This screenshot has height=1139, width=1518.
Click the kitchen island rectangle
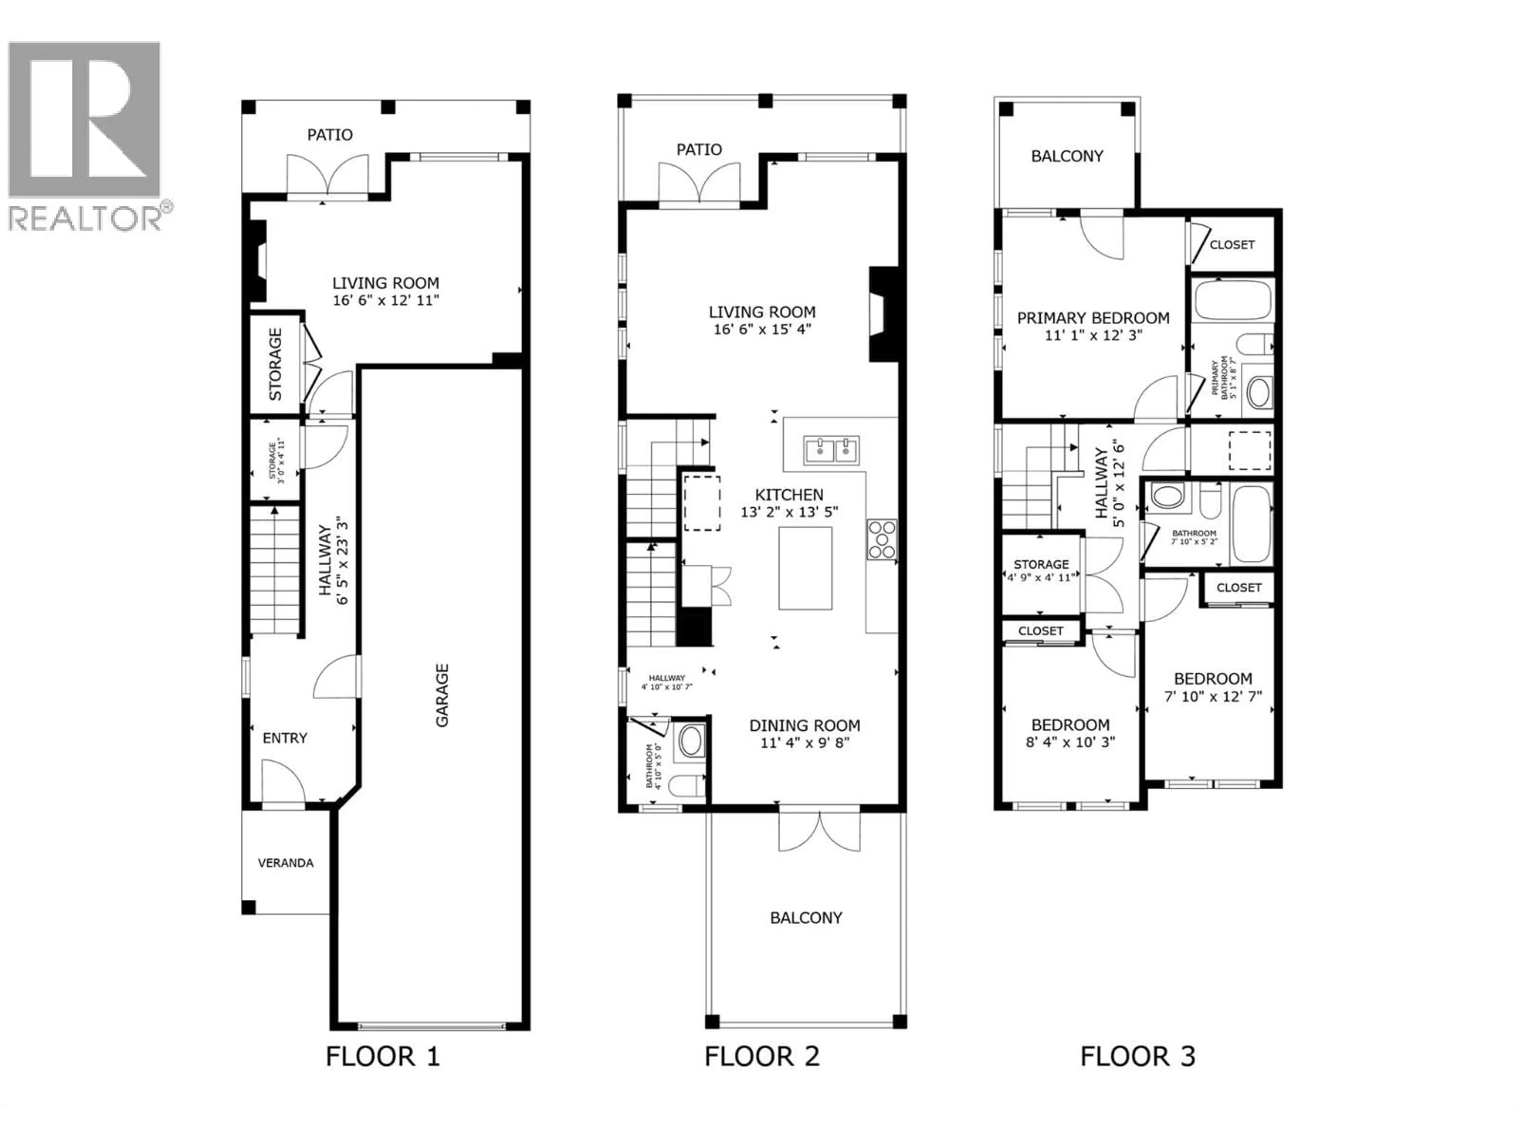point(805,568)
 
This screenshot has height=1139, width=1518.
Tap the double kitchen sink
point(831,450)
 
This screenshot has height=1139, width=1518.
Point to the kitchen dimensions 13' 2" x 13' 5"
point(789,511)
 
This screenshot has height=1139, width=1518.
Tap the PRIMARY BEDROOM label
point(1093,318)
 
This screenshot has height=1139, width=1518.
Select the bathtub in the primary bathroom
point(1233,300)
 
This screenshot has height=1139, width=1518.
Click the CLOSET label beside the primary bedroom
point(1232,244)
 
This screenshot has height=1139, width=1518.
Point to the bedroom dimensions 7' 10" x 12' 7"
point(1212,696)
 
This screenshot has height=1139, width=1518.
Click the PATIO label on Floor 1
point(329,134)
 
